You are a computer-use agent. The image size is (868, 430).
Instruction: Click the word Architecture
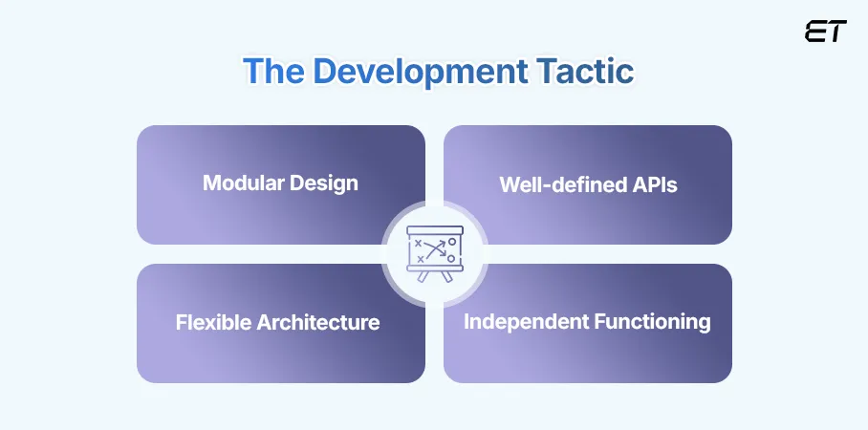319,323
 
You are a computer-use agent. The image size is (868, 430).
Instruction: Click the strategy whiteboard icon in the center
434,253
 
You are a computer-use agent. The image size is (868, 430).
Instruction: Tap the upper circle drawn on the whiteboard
451,243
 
